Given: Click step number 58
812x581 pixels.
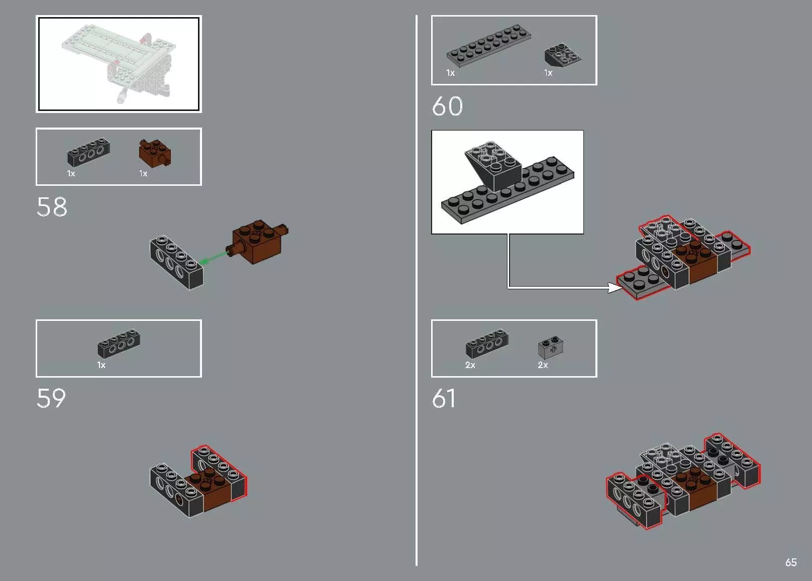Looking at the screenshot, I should click(x=52, y=207).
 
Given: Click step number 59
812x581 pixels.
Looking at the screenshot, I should click(x=51, y=399).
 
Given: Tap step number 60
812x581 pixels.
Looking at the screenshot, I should click(x=447, y=106).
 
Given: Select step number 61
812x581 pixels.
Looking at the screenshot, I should click(x=444, y=399).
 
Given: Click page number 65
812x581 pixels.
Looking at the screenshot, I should click(x=790, y=562).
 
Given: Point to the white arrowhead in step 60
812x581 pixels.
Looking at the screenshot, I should click(x=615, y=287).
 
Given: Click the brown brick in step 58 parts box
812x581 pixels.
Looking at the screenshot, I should click(x=155, y=153).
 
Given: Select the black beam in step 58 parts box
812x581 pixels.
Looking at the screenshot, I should click(x=88, y=152).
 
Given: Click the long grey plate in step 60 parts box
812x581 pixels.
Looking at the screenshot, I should click(x=488, y=46).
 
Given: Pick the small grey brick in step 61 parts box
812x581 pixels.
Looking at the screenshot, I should click(x=551, y=346).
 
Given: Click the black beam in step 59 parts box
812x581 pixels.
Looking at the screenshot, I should click(x=119, y=343).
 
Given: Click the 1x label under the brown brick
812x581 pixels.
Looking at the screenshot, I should click(x=143, y=174).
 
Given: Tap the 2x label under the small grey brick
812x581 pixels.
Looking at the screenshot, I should click(x=543, y=365).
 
